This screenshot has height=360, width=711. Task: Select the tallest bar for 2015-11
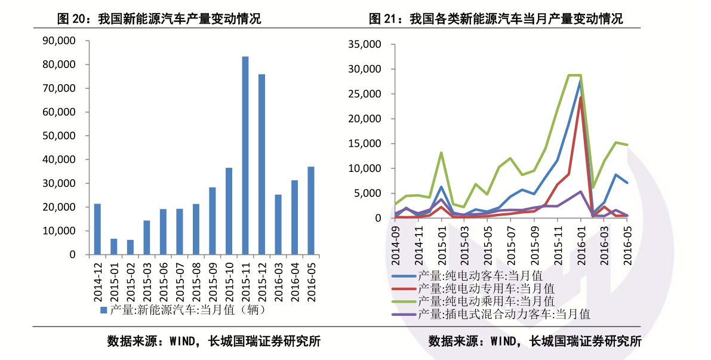tap(245, 155)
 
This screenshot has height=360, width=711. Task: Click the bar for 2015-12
tap(261, 164)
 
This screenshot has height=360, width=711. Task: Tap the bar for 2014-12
tap(97, 229)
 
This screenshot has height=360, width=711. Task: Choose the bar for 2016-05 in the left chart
tap(311, 210)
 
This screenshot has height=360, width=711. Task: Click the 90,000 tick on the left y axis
tap(59, 41)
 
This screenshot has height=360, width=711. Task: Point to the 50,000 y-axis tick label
tap(59, 136)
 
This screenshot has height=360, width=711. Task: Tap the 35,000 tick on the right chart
tap(365, 44)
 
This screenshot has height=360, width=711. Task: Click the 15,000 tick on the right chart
tap(365, 144)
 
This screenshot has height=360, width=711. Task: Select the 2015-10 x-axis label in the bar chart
tap(229, 282)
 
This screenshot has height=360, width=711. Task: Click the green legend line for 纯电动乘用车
tap(404, 301)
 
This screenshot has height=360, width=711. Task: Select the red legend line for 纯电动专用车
tap(404, 289)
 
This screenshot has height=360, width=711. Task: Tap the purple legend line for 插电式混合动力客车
tap(404, 314)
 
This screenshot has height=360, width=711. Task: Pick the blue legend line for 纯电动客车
tap(404, 276)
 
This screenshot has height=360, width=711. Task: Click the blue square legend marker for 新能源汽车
tap(103, 310)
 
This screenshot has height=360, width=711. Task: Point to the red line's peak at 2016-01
tap(580, 97)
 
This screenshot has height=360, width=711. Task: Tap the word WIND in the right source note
tap(503, 341)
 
